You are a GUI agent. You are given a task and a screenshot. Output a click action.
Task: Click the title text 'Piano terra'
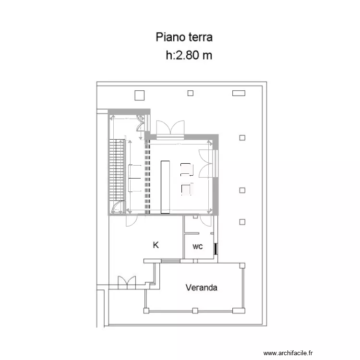point(184,37)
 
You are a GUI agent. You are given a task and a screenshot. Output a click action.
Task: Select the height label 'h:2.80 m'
point(189,55)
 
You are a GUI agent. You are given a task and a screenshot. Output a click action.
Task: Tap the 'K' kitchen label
point(156,245)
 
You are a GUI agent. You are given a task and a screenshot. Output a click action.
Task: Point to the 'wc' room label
point(197,247)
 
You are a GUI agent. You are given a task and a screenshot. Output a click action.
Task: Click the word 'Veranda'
point(202,288)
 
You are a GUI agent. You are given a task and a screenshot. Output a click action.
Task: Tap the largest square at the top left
point(140,95)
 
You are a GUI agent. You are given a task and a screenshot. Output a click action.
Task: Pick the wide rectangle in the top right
point(239,93)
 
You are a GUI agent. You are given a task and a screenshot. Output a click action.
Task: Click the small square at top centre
point(191,93)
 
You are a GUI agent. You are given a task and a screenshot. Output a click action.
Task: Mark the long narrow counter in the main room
point(165,187)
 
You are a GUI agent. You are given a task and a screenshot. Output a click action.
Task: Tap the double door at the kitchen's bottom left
point(127,283)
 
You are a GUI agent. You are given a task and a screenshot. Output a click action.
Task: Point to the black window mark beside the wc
point(216,249)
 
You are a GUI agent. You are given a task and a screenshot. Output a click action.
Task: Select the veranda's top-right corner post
point(242,264)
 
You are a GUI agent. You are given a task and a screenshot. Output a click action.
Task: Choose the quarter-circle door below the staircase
point(116,208)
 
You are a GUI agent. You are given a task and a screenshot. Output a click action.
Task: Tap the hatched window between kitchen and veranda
point(170,261)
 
